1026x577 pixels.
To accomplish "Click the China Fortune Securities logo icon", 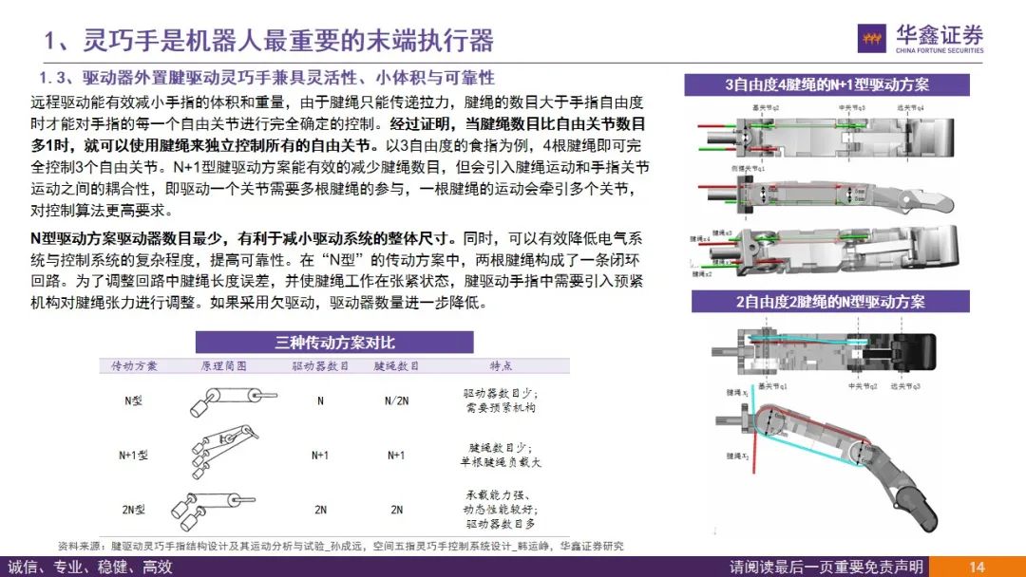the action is (871, 39).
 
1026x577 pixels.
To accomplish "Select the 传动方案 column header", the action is (134, 365).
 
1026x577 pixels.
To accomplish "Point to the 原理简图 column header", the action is (223, 365).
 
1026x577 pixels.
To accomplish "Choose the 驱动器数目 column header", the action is (319, 365).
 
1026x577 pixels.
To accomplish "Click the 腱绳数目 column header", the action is (396, 365).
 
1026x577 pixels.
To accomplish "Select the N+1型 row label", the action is (134, 455).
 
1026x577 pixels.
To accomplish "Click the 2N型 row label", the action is (134, 510).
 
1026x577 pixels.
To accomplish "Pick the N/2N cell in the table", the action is (396, 400).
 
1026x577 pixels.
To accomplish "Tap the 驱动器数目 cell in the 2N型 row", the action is (319, 510).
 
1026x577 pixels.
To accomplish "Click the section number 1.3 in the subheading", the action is (55, 77).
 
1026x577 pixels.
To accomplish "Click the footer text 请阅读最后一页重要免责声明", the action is (826, 567).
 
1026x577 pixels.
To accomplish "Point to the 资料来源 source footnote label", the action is (80, 546).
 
